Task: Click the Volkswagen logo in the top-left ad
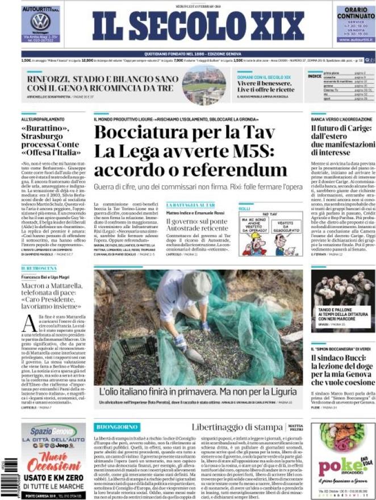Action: [x=41, y=22]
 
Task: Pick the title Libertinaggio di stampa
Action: [x=229, y=427]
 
